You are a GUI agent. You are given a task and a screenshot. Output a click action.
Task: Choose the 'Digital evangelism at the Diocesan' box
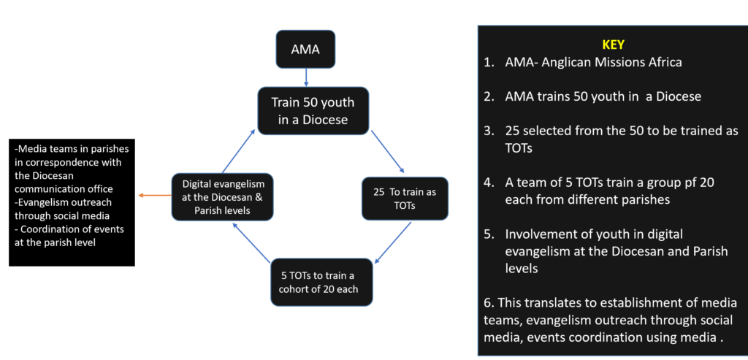tap(222, 197)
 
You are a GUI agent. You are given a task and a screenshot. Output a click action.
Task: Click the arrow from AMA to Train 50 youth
tap(305, 76)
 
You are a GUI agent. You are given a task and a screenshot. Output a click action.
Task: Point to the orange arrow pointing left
tap(154, 196)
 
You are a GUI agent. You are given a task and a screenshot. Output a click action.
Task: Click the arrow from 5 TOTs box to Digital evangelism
tap(252, 242)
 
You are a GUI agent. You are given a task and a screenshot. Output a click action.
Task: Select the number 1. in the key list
tap(488, 62)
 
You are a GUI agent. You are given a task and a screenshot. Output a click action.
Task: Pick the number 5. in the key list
tap(488, 234)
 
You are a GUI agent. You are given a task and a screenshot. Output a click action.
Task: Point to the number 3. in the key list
tap(488, 130)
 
